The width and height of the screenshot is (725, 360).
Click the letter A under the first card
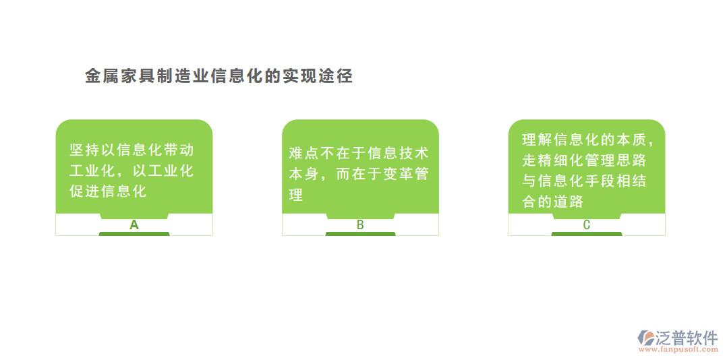pyautogui.click(x=134, y=225)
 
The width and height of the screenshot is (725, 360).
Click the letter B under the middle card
pyautogui.click(x=360, y=225)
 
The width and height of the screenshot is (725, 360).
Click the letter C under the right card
pyautogui.click(x=586, y=225)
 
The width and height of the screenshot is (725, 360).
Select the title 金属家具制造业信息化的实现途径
pyautogui.click(x=219, y=76)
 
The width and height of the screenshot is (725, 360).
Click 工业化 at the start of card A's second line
pyautogui.click(x=93, y=171)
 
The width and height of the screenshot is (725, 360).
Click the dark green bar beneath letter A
pyautogui.click(x=134, y=234)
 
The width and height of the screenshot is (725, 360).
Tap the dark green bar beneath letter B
pyautogui.click(x=360, y=234)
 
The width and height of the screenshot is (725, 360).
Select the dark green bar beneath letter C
pyautogui.click(x=586, y=234)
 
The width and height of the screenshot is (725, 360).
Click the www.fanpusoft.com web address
pyautogui.click(x=678, y=350)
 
